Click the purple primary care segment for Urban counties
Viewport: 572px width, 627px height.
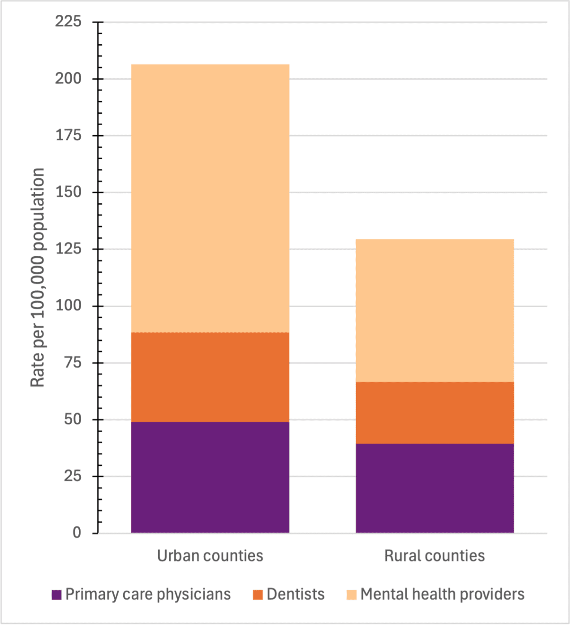coord(210,477)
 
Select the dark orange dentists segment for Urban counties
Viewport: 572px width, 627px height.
coord(210,377)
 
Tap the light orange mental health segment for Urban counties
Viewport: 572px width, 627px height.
coord(210,198)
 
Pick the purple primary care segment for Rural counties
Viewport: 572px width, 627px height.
coord(434,488)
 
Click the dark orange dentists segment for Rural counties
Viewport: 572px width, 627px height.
coord(434,412)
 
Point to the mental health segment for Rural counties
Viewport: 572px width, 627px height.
coord(434,310)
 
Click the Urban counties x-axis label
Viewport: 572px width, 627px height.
coord(210,556)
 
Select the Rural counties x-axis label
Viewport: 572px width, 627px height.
coord(434,556)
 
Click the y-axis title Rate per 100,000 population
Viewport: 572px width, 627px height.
coord(38,278)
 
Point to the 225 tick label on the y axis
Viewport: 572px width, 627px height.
coord(68,21)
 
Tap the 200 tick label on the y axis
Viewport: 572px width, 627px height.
coord(68,78)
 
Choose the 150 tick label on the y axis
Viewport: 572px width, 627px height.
coord(68,192)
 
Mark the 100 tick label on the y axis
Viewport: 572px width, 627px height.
coord(68,306)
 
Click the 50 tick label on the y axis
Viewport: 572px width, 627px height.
coord(72,420)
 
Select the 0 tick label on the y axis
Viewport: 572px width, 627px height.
coord(77,533)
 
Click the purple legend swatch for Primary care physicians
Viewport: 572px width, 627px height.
coord(56,595)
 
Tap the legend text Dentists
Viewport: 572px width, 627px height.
coord(296,594)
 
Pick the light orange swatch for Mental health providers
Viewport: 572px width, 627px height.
coord(352,595)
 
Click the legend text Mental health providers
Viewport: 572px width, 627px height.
coord(442,594)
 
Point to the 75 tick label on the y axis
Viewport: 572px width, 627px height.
coord(72,363)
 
